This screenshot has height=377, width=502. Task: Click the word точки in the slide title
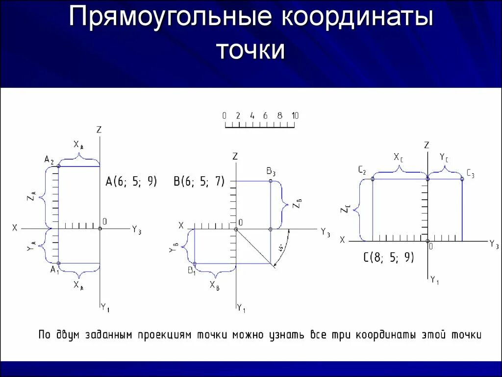[251, 50]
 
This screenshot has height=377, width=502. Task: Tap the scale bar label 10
[295, 116]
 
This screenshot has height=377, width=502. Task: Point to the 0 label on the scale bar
[224, 116]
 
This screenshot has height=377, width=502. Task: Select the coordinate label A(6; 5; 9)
[131, 181]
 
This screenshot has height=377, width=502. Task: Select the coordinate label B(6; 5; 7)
[199, 181]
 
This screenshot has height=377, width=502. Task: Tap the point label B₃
[271, 172]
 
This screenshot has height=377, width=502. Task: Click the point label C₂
[362, 171]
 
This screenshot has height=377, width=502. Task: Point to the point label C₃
[470, 173]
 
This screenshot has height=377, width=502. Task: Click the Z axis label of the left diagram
[99, 130]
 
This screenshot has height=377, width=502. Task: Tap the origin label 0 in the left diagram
[105, 222]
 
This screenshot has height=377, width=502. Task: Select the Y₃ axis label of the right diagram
[494, 245]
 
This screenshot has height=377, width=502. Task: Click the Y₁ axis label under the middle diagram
[241, 308]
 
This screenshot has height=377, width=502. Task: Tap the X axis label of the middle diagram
[181, 225]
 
